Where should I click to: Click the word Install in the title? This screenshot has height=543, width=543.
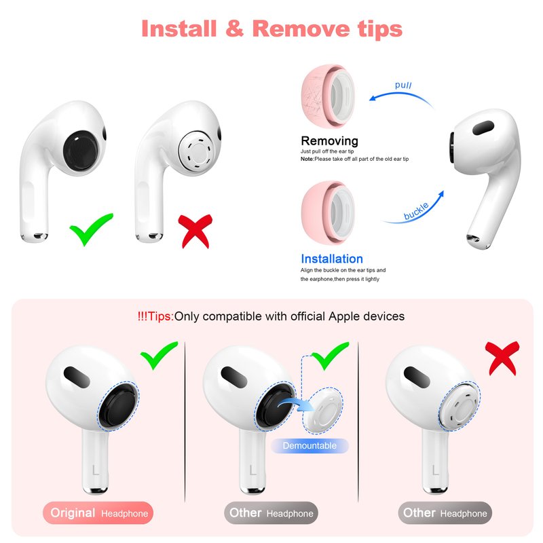(x=179, y=29)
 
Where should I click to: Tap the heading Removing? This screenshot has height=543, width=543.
(x=329, y=141)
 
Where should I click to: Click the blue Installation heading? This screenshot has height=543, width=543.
(x=332, y=259)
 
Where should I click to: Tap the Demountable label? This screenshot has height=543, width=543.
(x=310, y=446)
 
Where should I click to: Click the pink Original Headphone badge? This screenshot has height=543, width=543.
(x=98, y=513)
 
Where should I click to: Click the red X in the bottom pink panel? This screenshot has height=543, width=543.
(x=502, y=358)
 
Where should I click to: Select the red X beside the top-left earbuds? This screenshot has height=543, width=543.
(x=195, y=231)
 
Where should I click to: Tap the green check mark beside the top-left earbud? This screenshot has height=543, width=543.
(x=91, y=229)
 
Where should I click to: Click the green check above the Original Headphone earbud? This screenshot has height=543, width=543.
(x=159, y=354)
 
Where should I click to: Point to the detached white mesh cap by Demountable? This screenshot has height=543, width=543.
(x=323, y=411)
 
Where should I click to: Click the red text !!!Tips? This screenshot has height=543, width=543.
(x=155, y=316)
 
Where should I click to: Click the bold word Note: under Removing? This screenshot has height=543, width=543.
(x=307, y=159)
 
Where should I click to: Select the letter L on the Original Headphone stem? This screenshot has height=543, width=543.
(x=96, y=470)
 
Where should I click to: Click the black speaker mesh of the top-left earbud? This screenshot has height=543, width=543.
(x=81, y=151)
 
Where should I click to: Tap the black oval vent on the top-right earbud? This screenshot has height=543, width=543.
(x=483, y=128)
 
